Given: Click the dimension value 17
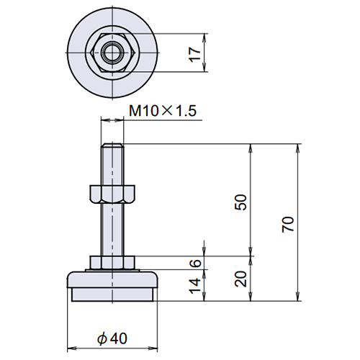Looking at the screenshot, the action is click(x=195, y=55).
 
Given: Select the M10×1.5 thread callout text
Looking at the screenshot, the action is click(x=163, y=111).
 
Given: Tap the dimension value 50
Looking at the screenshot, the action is click(x=240, y=202).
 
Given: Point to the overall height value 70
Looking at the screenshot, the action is click(x=288, y=224).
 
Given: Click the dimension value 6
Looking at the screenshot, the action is click(x=196, y=263).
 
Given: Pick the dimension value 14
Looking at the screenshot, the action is click(x=195, y=286).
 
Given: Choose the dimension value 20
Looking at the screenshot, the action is click(x=240, y=279).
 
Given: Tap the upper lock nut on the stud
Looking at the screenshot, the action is click(x=112, y=194).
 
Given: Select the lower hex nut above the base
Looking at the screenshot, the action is click(x=112, y=262).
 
